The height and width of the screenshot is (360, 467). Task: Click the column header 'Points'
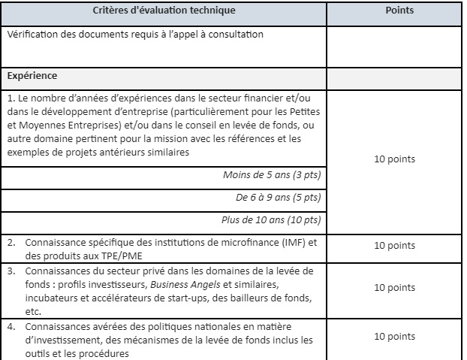396,12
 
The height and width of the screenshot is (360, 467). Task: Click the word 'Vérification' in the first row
35,35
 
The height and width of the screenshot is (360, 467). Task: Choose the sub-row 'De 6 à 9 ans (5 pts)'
278,198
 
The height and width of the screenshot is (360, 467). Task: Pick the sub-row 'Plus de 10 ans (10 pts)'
272,219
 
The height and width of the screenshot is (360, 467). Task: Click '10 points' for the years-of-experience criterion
396,159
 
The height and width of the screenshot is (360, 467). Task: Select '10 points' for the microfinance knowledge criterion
396,245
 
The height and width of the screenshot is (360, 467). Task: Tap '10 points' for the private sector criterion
396,287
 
